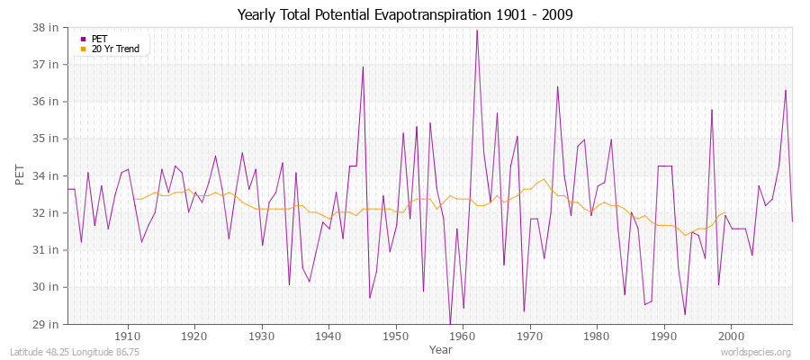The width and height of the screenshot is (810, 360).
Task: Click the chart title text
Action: pyautogui.click(x=405, y=14)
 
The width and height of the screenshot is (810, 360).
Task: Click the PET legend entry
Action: pyautogui.click(x=100, y=39)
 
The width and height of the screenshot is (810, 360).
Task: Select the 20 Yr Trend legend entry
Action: pyautogui.click(x=116, y=49)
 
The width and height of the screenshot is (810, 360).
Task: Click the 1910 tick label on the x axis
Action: pyautogui.click(x=128, y=336)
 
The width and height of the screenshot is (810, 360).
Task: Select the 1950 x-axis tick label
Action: pyautogui.click(x=395, y=336)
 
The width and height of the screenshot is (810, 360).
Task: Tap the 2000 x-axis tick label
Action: pyautogui.click(x=730, y=336)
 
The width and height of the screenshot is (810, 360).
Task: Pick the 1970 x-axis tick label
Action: pyautogui.click(x=529, y=336)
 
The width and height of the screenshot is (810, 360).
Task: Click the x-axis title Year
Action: pyautogui.click(x=441, y=348)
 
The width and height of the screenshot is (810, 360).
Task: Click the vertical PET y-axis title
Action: pyautogui.click(x=21, y=175)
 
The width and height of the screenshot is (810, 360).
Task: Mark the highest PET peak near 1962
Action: pyautogui.click(x=477, y=31)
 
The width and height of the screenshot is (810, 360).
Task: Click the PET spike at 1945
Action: pyautogui.click(x=363, y=67)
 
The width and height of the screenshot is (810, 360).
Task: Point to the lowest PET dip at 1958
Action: pyautogui.click(x=450, y=323)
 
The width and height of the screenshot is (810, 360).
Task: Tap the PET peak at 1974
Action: pyautogui.click(x=557, y=86)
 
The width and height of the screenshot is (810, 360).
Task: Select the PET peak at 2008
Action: pyautogui.click(x=785, y=90)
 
